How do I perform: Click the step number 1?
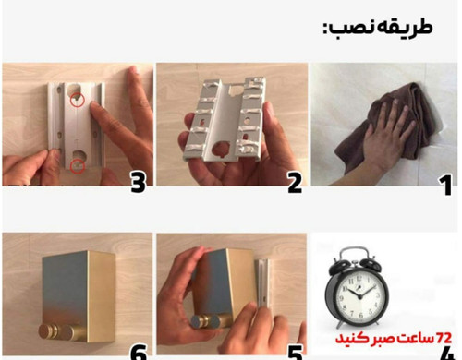446,185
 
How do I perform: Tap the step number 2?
295,183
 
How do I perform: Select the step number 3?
139,182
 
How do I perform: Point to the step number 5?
295,353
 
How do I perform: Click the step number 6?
139,353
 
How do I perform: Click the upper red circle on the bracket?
78,100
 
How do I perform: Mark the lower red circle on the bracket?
78,166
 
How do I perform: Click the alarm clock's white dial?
359,294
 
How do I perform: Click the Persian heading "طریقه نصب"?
378,28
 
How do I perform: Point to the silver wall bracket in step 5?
262,282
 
